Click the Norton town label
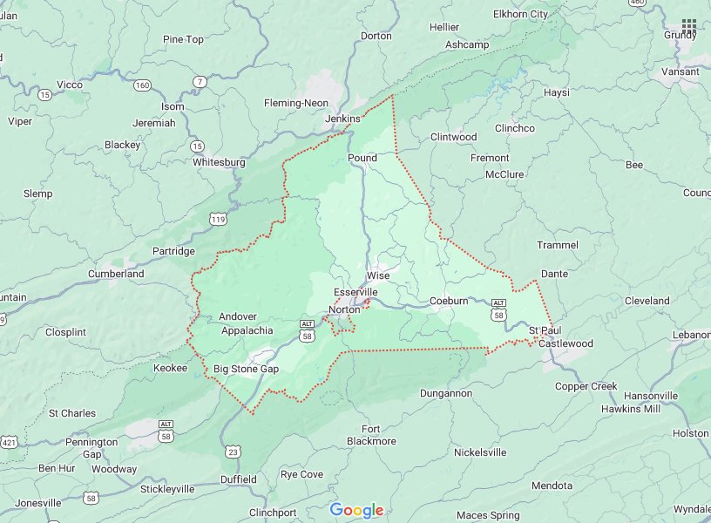click(x=344, y=309)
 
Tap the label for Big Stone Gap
click(x=246, y=370)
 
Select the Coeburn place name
click(x=449, y=301)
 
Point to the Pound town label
click(x=362, y=158)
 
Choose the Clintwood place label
click(x=454, y=137)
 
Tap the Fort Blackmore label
click(x=371, y=435)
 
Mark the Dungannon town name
click(x=445, y=393)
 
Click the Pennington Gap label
click(x=91, y=448)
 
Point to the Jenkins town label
click(x=342, y=119)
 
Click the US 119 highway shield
click(x=218, y=216)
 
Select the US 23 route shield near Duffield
click(x=233, y=451)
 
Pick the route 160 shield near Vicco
click(x=142, y=85)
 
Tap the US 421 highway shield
click(x=9, y=443)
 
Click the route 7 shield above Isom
click(x=200, y=82)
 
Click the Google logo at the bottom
click(x=356, y=510)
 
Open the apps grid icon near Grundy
click(x=689, y=26)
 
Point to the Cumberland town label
click(x=116, y=274)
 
